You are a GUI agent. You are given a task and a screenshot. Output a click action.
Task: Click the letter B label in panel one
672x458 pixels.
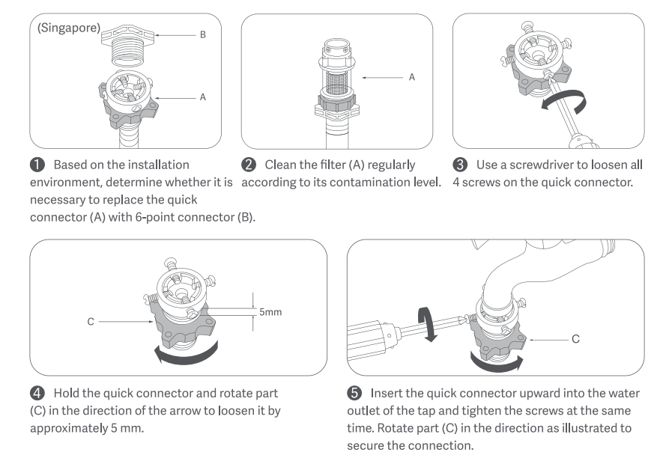[202, 35]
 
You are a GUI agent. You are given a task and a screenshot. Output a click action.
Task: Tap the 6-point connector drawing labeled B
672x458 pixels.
[131, 44]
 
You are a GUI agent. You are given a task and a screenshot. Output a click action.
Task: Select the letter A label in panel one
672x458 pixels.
[202, 97]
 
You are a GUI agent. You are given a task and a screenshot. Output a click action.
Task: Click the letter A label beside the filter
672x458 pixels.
[412, 76]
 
